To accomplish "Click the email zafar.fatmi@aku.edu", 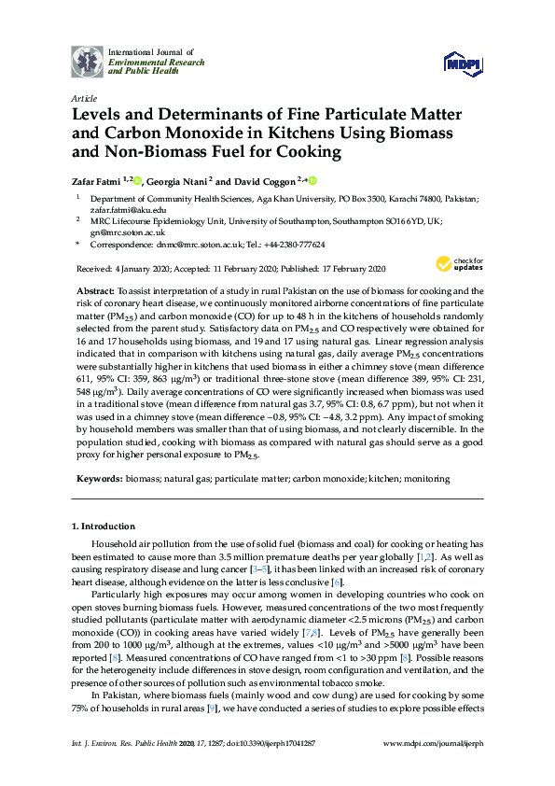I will pyautogui.click(x=128, y=211).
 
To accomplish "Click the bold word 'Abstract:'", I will pyautogui.click(x=96, y=291).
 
